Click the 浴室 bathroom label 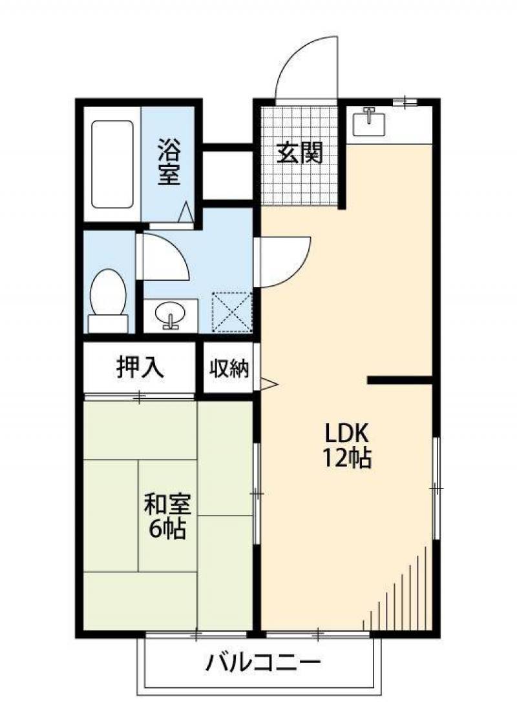click(x=169, y=162)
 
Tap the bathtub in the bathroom click(x=112, y=165)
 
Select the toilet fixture click(x=109, y=300)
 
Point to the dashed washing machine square click(x=232, y=312)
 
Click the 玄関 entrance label click(x=299, y=153)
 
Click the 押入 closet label click(x=140, y=367)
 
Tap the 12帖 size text click(x=346, y=458)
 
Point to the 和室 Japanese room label click(x=167, y=505)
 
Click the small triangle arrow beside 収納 click(x=269, y=384)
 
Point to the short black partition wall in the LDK click(x=400, y=380)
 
